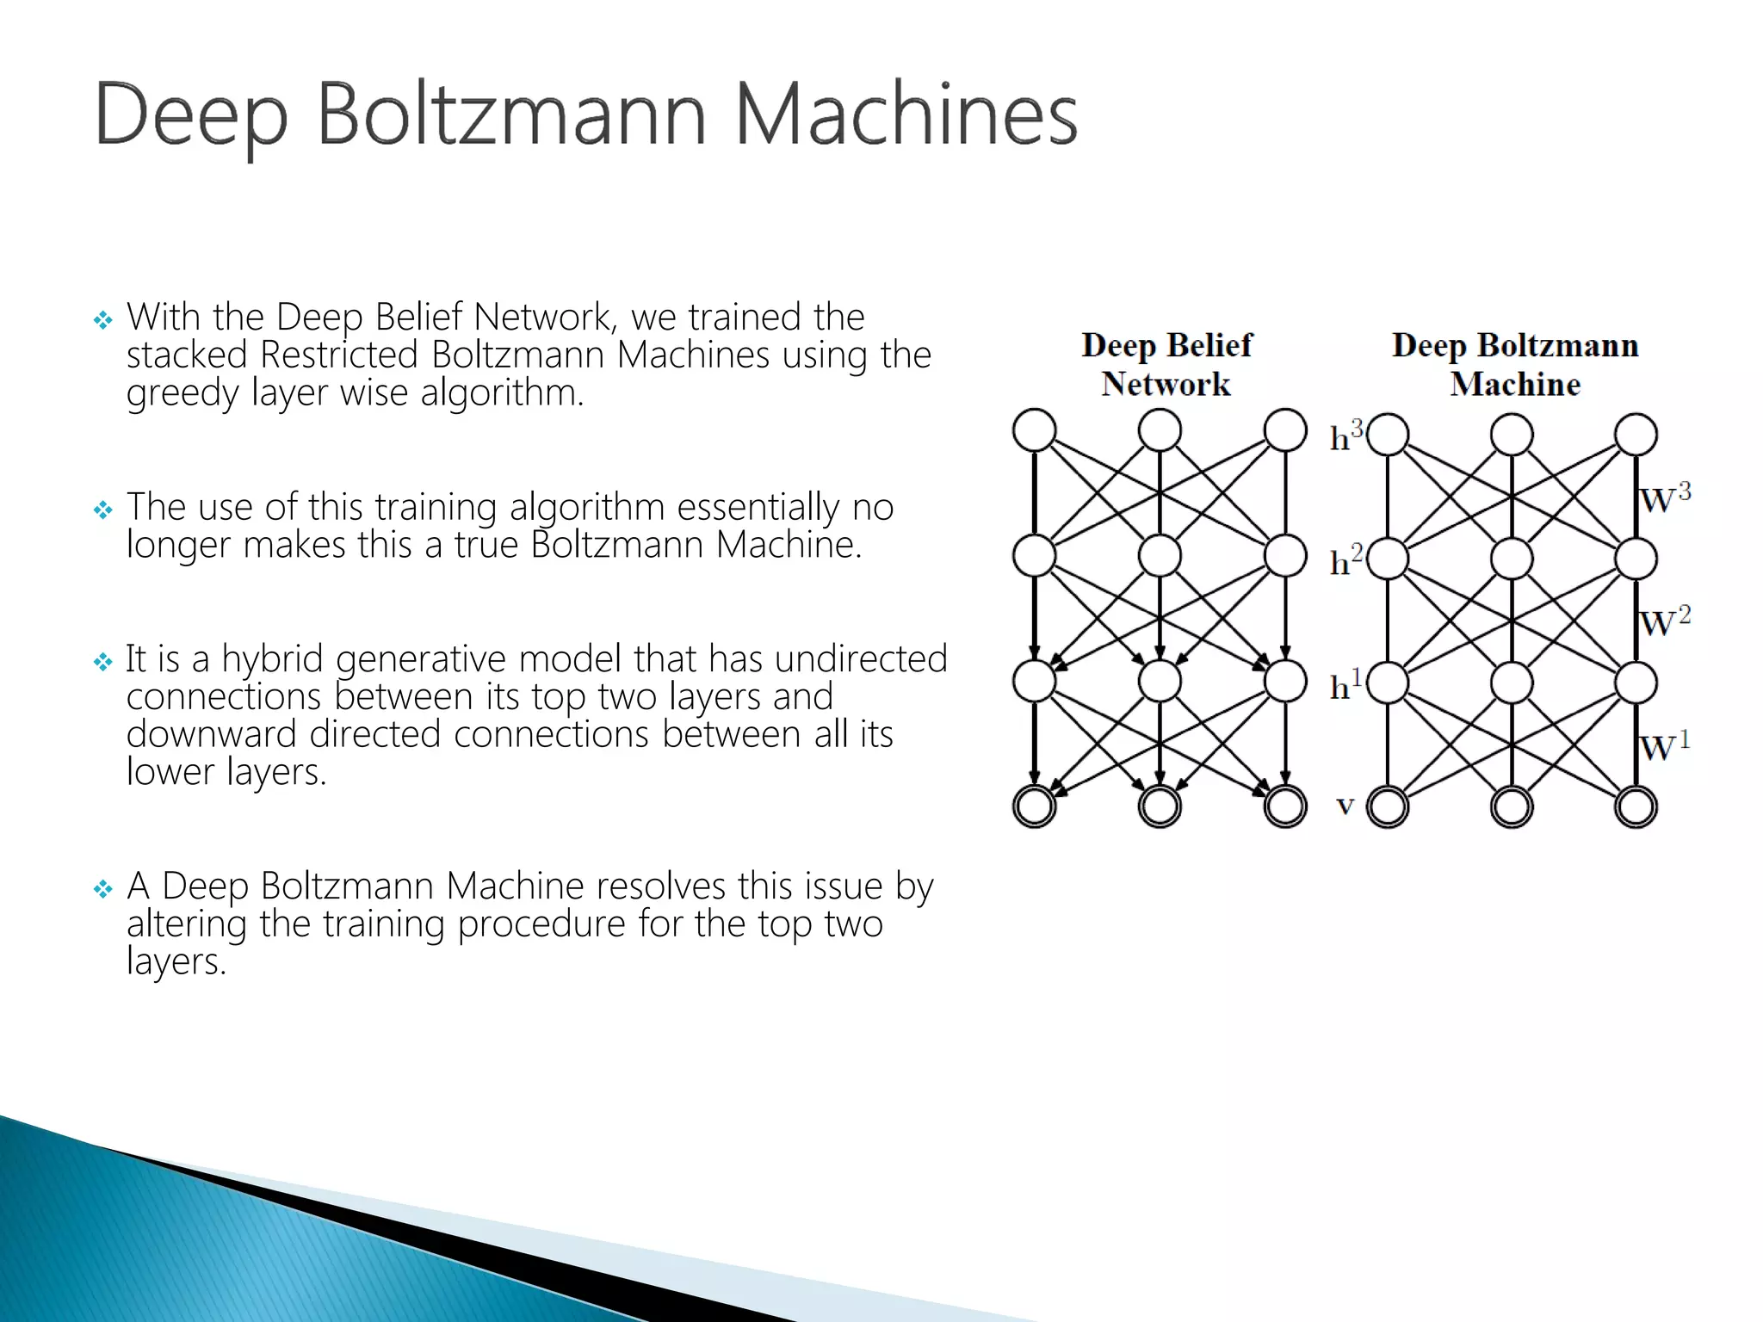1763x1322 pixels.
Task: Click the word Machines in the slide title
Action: tap(906, 115)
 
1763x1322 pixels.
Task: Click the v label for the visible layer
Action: tap(1345, 806)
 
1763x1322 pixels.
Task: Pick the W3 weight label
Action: tap(1665, 497)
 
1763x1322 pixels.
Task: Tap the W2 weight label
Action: tap(1665, 621)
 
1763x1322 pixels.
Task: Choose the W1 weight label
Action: tap(1665, 745)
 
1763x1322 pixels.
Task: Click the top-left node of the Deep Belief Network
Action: tap(1035, 430)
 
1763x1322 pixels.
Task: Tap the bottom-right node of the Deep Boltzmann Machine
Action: tap(1636, 807)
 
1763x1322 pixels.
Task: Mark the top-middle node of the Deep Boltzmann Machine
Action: tap(1512, 434)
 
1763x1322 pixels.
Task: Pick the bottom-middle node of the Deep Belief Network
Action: tap(1160, 806)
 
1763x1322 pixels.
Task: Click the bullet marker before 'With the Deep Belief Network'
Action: tap(103, 321)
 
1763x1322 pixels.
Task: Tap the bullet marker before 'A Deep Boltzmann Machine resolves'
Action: tap(103, 889)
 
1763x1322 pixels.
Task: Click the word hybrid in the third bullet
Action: tap(273, 659)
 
